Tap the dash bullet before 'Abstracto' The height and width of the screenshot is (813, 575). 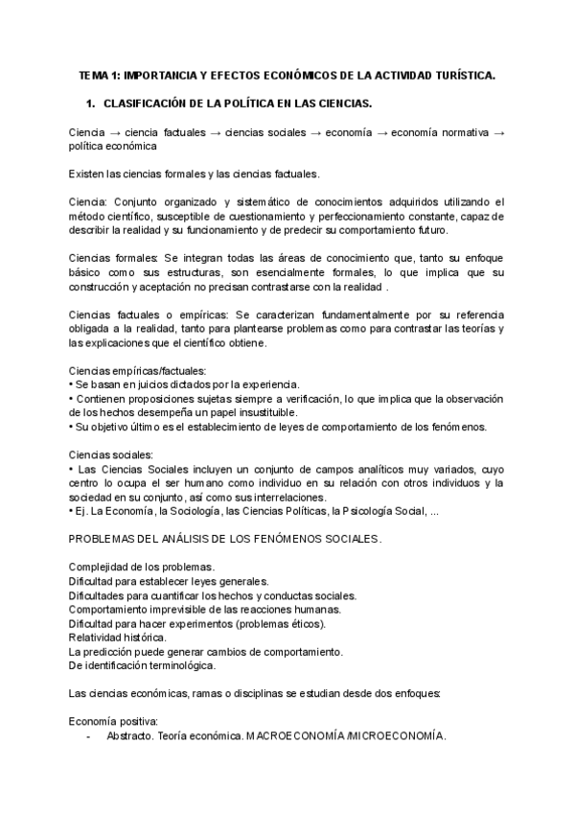click(x=89, y=736)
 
